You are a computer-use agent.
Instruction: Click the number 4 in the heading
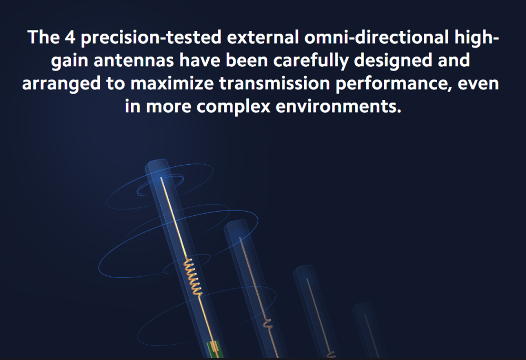(x=70, y=37)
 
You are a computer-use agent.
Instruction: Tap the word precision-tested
(x=151, y=37)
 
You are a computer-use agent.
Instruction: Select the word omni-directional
(x=377, y=37)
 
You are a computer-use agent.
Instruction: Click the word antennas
(x=134, y=61)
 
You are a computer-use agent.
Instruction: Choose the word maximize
(x=172, y=84)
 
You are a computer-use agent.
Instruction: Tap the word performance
(x=391, y=84)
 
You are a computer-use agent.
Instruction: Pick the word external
(x=262, y=37)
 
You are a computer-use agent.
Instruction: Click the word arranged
(x=62, y=84)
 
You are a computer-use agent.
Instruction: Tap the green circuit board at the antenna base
(x=214, y=349)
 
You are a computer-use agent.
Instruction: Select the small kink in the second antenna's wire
(x=267, y=324)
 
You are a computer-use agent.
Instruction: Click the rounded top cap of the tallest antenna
(x=157, y=164)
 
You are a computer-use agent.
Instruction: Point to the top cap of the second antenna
(x=236, y=224)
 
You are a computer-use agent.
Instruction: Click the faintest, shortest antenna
(x=369, y=331)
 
